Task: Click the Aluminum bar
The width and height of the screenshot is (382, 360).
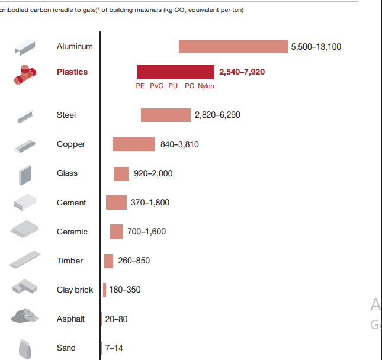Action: (x=233, y=46)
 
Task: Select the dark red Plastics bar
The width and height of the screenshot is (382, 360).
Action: (x=175, y=72)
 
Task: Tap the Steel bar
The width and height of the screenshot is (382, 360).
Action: (x=166, y=115)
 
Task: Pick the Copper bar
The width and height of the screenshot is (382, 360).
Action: (x=134, y=144)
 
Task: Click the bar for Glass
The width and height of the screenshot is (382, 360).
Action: (x=121, y=173)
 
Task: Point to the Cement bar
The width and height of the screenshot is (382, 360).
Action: (x=116, y=202)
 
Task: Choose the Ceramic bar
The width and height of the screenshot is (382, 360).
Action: (x=117, y=232)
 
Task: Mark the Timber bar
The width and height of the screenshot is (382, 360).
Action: (x=108, y=261)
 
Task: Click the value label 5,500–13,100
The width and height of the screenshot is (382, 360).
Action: (x=316, y=47)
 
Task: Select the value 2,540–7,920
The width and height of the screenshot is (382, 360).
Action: (x=242, y=72)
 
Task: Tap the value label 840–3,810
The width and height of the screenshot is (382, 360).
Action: (x=179, y=144)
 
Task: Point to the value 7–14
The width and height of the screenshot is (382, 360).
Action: (x=114, y=348)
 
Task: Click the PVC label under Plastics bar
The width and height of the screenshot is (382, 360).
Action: (x=156, y=86)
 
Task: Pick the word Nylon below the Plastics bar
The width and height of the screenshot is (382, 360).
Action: (x=206, y=86)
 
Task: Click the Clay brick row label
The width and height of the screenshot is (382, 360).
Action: (x=75, y=290)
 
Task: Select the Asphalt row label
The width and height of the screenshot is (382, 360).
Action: (x=70, y=319)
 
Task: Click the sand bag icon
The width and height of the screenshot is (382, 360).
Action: (x=24, y=348)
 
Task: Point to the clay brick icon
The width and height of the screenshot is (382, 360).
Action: (x=25, y=287)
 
